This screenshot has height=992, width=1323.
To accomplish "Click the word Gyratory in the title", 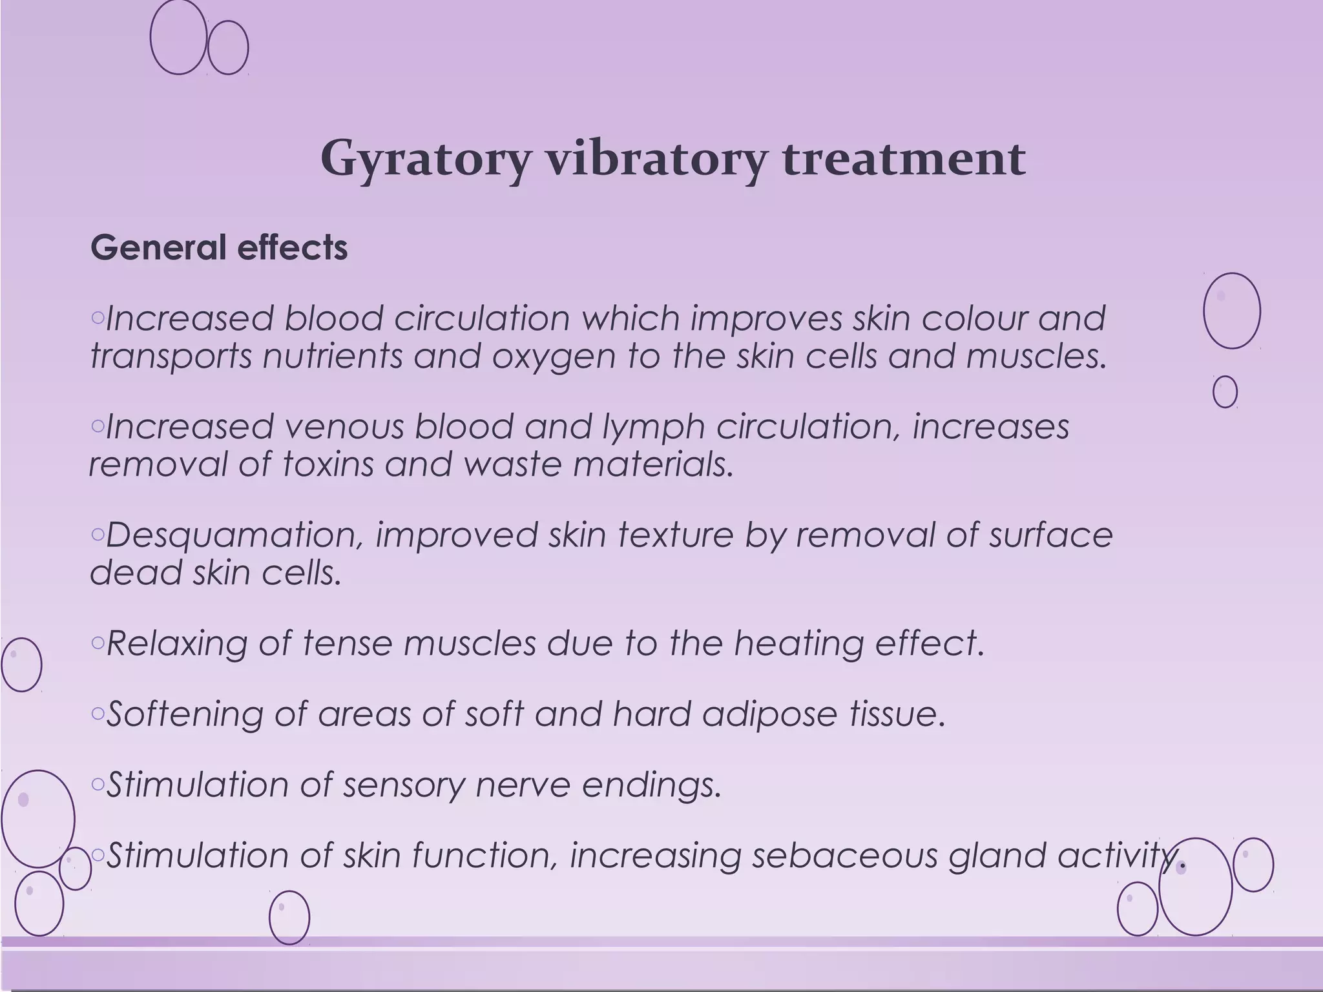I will pos(425,160).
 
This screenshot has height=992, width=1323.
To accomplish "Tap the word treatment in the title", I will pos(904,158).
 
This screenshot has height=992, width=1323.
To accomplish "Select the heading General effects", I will pos(219,247).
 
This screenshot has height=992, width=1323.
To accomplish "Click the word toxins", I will pos(328,464).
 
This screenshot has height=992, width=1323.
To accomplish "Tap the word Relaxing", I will pos(176,644).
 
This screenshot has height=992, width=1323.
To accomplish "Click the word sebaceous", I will pos(844,856).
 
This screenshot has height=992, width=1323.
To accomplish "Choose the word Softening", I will pos(184,714).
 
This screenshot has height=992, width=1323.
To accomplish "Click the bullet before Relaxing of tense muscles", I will pos(98,643).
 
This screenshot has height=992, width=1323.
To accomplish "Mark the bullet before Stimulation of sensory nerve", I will pos(98,784).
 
